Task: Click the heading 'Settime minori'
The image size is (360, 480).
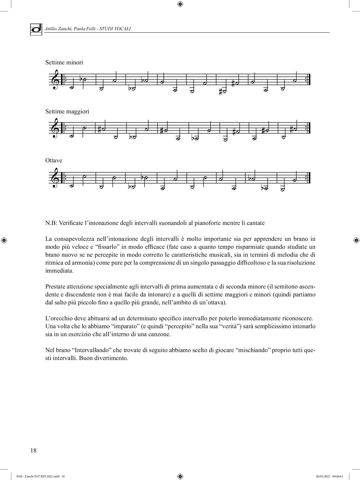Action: click(64, 63)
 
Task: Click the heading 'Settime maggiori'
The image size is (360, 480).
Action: click(67, 112)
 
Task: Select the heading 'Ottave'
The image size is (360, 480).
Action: click(54, 161)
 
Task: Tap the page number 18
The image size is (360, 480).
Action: click(33, 450)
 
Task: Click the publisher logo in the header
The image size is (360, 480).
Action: click(36, 29)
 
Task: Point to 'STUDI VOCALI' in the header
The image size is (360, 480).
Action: click(115, 29)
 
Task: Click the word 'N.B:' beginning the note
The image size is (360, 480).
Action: click(51, 223)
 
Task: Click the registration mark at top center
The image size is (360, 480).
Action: click(180, 4)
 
